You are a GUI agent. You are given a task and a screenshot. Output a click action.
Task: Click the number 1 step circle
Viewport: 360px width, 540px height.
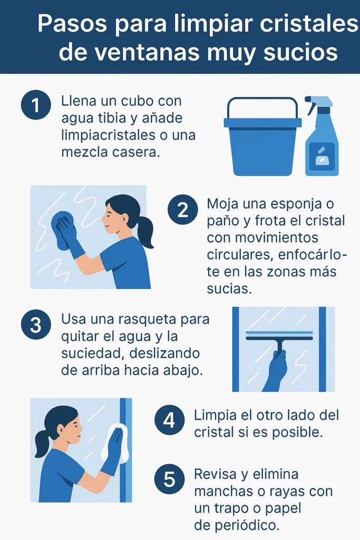point(36,105)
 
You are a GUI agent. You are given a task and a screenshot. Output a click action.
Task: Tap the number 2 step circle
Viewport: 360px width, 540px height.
point(182,210)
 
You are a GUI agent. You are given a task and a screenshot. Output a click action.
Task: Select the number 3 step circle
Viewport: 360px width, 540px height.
point(36,324)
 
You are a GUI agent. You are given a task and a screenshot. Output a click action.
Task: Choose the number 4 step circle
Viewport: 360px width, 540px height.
point(169,420)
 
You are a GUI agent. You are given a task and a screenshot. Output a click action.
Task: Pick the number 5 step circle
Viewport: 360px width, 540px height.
point(169,479)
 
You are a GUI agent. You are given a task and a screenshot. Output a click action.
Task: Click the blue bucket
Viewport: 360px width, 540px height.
point(262,140)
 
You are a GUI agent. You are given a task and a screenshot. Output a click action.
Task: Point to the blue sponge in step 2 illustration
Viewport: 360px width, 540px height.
point(62,228)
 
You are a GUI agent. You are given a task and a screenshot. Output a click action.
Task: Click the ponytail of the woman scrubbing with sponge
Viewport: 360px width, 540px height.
point(145,232)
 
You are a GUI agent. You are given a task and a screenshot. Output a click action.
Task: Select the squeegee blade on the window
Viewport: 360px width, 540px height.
point(279,336)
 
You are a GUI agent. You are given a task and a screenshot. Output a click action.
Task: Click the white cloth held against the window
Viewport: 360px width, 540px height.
point(115,443)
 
